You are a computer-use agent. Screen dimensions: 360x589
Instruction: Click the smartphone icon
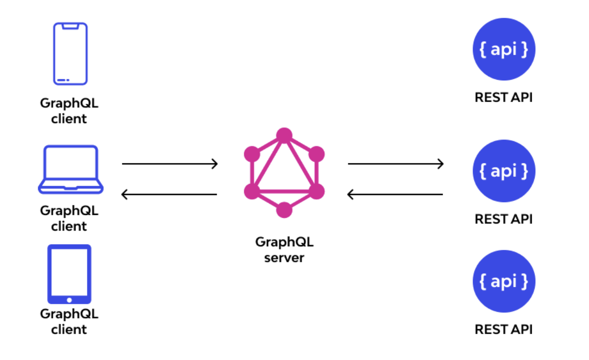click(71, 53)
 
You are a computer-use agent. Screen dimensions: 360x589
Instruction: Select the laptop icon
click(71, 169)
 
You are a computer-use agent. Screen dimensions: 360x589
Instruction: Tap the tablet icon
click(70, 274)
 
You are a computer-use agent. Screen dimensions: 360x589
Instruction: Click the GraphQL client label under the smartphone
click(69, 111)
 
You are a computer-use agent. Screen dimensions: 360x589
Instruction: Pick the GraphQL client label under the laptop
click(69, 218)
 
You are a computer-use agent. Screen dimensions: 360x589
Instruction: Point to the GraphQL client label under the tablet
click(69, 321)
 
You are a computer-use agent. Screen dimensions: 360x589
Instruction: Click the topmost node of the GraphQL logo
click(284, 136)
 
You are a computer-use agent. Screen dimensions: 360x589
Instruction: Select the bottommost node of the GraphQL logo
click(284, 210)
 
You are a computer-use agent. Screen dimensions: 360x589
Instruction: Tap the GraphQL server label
click(284, 249)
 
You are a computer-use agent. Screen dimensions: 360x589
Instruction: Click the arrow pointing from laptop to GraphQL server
click(170, 163)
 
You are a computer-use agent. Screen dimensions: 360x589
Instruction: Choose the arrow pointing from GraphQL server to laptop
click(170, 194)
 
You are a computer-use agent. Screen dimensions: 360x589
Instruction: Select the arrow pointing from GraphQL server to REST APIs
click(396, 163)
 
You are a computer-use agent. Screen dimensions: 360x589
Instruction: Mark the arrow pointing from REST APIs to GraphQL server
click(396, 194)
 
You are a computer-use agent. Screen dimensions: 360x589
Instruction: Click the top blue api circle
click(504, 49)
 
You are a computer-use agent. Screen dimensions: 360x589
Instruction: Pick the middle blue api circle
click(504, 171)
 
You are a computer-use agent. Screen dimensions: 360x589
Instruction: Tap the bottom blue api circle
click(504, 281)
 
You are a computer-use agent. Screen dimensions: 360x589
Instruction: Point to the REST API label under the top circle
click(504, 97)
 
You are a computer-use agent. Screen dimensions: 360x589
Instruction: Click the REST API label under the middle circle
click(504, 219)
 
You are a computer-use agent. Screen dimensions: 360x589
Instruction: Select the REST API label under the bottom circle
click(504, 329)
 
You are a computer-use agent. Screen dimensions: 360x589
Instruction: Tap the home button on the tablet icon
click(70, 300)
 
